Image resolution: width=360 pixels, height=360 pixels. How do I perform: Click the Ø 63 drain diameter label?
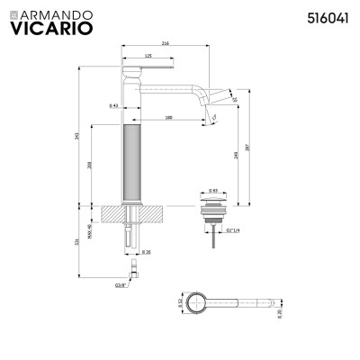pos(213,191)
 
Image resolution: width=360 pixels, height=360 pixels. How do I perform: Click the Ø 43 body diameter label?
pos(114,107)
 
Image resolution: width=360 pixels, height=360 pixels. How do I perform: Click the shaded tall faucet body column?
pos(130,162)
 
